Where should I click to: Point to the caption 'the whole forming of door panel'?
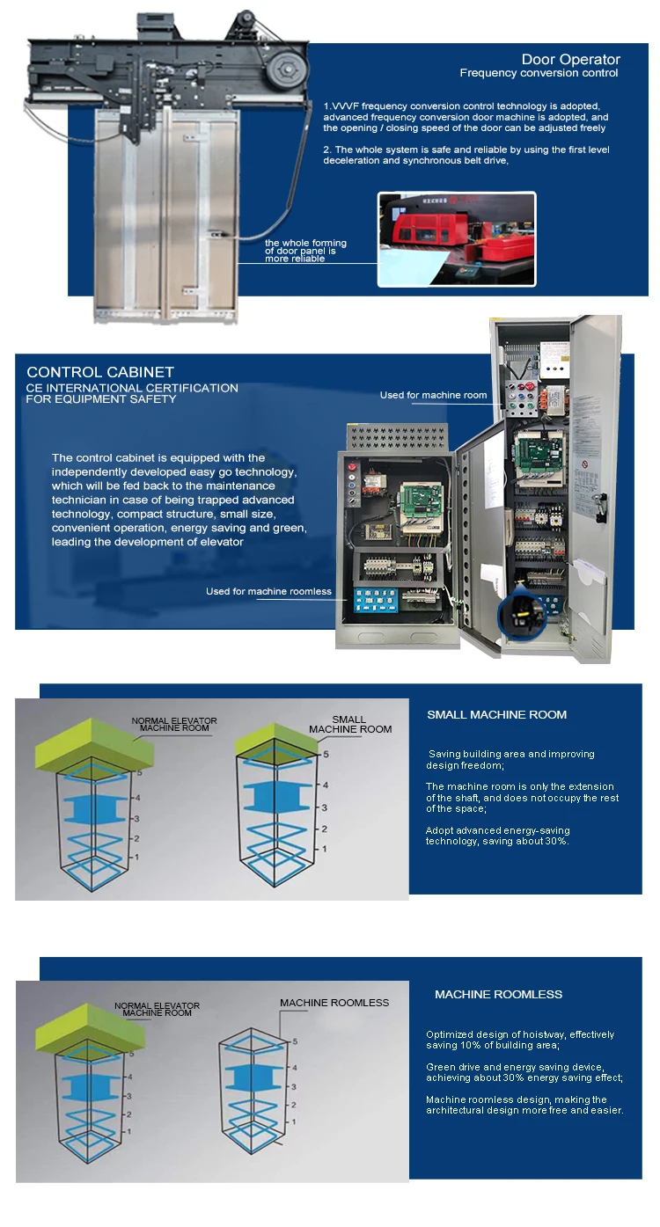[x=305, y=251]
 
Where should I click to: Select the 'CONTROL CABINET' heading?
[x=100, y=372]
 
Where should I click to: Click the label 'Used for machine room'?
[x=433, y=395]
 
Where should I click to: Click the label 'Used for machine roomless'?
[x=268, y=591]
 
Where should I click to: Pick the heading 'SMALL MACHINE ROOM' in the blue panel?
[x=496, y=714]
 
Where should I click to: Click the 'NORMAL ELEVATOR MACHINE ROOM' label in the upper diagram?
[x=174, y=724]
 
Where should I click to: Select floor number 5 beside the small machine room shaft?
[x=325, y=754]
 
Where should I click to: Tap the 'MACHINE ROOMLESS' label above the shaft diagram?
[x=334, y=1002]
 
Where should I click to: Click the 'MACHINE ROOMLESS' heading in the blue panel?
[x=498, y=994]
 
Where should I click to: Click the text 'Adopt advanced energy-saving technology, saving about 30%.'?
[x=497, y=836]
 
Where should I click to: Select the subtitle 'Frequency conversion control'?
[x=539, y=73]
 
